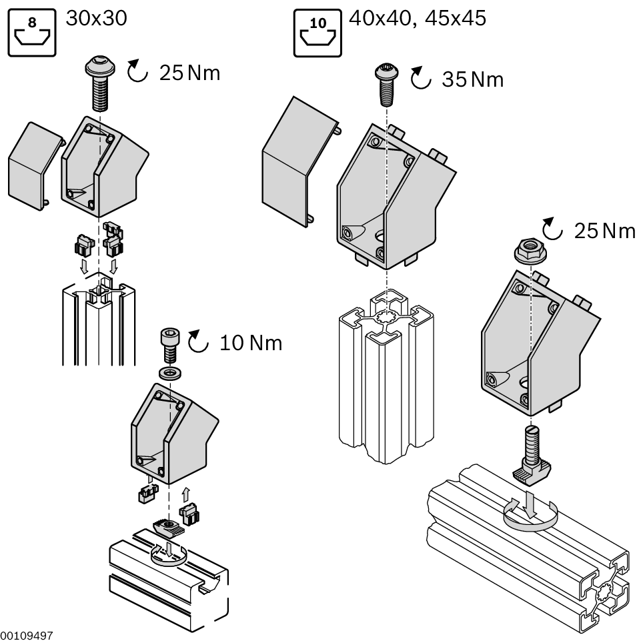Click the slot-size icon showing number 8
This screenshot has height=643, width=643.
pos(32,31)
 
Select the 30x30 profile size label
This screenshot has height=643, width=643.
pos(96,17)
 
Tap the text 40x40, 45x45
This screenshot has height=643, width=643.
pos(418,17)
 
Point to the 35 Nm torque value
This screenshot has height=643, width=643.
pos(473,80)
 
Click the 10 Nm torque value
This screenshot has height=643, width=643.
pos(251,344)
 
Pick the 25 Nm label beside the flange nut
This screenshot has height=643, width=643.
pos(604,231)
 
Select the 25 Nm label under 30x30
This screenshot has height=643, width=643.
pos(189,73)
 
